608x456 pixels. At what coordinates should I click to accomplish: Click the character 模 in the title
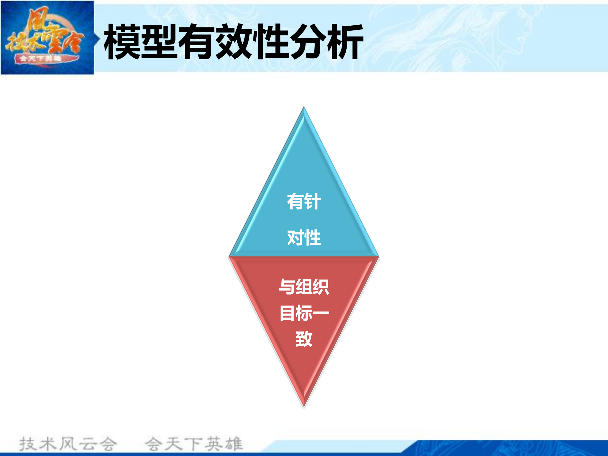(x=122, y=42)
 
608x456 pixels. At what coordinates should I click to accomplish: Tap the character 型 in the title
(x=159, y=42)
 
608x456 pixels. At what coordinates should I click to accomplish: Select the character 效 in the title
(x=234, y=42)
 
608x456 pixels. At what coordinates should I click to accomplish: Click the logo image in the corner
(x=48, y=37)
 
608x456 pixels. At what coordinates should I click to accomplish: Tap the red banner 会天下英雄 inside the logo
(x=41, y=59)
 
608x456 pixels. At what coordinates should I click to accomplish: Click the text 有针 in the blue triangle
(x=304, y=202)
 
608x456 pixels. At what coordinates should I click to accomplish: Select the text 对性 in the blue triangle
(x=304, y=238)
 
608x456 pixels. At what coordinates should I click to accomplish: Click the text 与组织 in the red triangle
(x=304, y=287)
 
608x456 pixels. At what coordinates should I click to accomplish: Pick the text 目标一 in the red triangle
(x=304, y=313)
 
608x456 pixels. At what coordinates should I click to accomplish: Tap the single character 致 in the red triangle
(x=304, y=339)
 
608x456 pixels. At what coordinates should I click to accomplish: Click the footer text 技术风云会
(x=68, y=444)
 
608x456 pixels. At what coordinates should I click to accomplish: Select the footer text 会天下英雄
(x=194, y=444)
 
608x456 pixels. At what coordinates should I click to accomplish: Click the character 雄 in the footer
(x=234, y=444)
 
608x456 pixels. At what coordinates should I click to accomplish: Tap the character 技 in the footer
(x=28, y=444)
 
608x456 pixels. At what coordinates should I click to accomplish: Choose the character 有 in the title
(x=197, y=42)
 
